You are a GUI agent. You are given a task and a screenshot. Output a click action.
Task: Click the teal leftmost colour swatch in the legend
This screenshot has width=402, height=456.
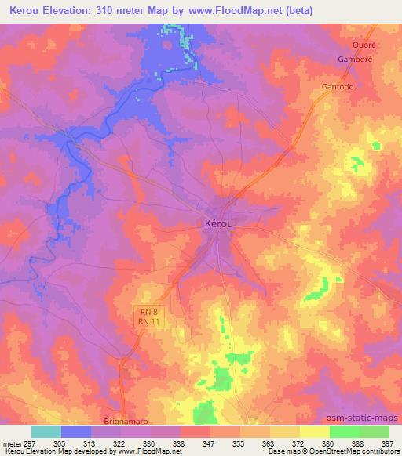click(46, 432)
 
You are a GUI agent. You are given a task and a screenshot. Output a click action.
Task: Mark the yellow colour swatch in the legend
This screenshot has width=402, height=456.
click(314, 432)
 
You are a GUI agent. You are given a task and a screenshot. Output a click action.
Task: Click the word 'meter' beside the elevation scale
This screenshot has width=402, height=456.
click(13, 443)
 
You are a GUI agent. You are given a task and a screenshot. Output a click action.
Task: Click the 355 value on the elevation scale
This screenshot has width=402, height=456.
click(239, 443)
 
